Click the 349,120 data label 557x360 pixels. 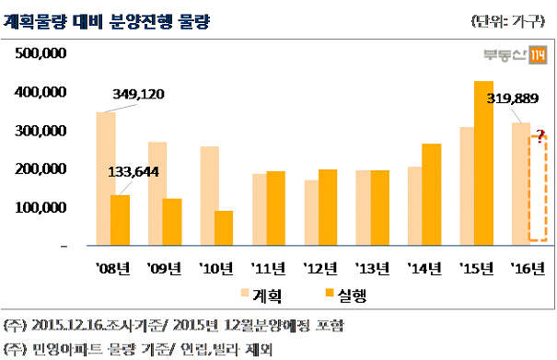tap(138, 94)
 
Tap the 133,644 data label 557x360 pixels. tap(133, 172)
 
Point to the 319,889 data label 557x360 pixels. tap(513, 99)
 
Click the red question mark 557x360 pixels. tap(540, 136)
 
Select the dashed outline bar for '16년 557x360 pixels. tap(538, 189)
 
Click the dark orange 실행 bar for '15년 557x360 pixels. tap(484, 163)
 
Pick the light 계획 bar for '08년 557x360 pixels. tap(106, 179)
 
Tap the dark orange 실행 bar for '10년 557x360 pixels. tap(224, 228)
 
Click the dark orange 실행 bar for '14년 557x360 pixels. tap(432, 194)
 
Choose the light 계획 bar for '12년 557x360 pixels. tap(311, 213)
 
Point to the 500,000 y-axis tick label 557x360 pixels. tap(41, 53)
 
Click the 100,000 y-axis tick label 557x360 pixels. tap(41, 207)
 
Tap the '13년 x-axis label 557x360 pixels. tap(372, 268)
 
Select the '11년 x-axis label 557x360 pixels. tap(268, 268)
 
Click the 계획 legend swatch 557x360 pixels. tap(245, 293)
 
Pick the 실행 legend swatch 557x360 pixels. tap(330, 293)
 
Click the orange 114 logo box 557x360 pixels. tap(538, 55)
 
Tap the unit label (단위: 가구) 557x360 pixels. tap(508, 22)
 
